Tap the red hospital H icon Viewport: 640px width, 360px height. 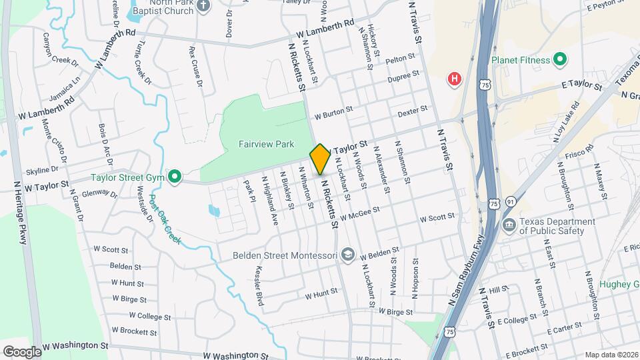455,79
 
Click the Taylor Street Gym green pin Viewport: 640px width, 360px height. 175,177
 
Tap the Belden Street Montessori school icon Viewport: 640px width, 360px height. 347,255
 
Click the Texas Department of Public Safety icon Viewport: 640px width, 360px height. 509,226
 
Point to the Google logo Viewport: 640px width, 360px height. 22,351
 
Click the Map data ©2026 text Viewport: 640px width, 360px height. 611,355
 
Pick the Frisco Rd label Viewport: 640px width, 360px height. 581,158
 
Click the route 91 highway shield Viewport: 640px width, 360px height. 510,201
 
